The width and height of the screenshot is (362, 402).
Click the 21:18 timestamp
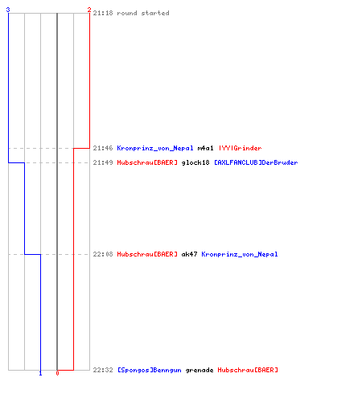click(x=103, y=13)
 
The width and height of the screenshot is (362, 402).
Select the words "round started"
click(x=143, y=13)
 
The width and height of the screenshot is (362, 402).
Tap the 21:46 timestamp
click(x=103, y=148)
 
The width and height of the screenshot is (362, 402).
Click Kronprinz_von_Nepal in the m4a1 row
click(x=155, y=148)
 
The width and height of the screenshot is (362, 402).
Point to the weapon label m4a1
click(x=205, y=148)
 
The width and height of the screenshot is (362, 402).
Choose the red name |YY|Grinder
click(x=240, y=148)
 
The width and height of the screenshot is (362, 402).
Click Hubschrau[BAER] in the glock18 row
click(x=147, y=162)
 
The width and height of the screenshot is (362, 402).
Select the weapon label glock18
click(x=195, y=162)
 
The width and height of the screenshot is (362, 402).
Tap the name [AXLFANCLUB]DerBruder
click(x=256, y=162)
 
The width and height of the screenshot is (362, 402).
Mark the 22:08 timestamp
click(x=103, y=254)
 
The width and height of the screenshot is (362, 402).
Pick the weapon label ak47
click(x=189, y=254)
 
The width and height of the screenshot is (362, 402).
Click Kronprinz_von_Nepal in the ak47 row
click(x=240, y=254)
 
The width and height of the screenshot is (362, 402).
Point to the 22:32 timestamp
click(x=103, y=370)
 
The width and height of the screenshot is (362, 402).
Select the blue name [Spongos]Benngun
click(x=150, y=370)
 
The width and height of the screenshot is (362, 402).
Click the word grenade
click(x=200, y=370)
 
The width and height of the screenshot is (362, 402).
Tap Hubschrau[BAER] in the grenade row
click(x=248, y=370)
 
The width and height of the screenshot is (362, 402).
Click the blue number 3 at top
click(x=8, y=10)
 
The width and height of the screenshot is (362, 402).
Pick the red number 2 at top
click(x=89, y=10)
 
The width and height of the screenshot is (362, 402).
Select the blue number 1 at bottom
click(x=40, y=373)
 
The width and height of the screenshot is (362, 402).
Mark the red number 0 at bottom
click(x=57, y=373)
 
